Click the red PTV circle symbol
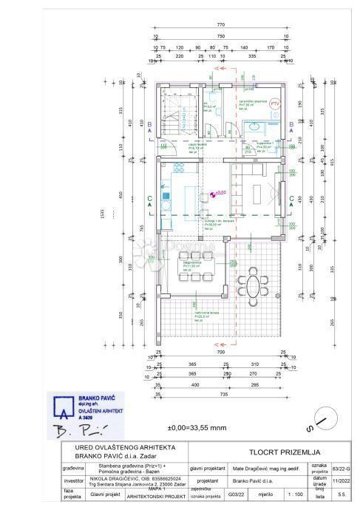(274, 104)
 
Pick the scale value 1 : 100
(295, 494)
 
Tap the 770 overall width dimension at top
(220, 24)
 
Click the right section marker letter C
(293, 197)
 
